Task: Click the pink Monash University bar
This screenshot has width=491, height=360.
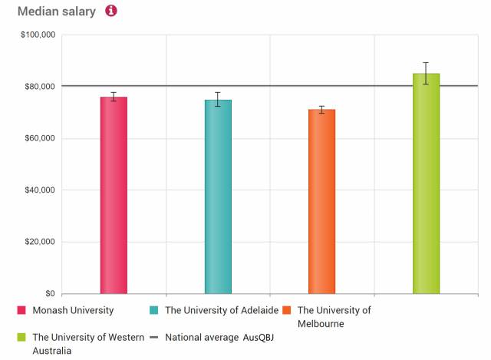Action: coord(114,195)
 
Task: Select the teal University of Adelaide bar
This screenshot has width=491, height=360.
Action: coord(218,197)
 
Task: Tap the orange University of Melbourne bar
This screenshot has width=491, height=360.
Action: coord(321,201)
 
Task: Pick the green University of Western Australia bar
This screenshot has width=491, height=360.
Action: coord(426,183)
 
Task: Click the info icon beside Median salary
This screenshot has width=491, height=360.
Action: coord(111,12)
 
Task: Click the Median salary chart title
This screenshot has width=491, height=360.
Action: coord(57,12)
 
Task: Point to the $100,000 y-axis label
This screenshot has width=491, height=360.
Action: coord(37,35)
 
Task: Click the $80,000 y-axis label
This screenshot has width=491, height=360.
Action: coord(39,87)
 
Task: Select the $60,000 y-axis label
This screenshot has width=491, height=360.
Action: coord(39,138)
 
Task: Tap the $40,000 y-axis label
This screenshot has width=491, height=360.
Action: coord(39,190)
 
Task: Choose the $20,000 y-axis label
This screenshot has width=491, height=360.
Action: coord(39,242)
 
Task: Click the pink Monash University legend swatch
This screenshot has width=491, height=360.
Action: coord(21,311)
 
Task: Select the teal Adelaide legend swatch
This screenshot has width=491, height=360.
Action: coord(154,311)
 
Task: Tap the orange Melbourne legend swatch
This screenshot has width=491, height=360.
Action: coord(286,311)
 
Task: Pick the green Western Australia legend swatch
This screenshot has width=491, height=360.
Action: coord(21,337)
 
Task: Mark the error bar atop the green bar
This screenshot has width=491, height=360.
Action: coord(426,73)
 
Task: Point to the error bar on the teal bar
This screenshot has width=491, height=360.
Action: coord(218,99)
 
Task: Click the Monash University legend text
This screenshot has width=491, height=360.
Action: coord(73,311)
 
